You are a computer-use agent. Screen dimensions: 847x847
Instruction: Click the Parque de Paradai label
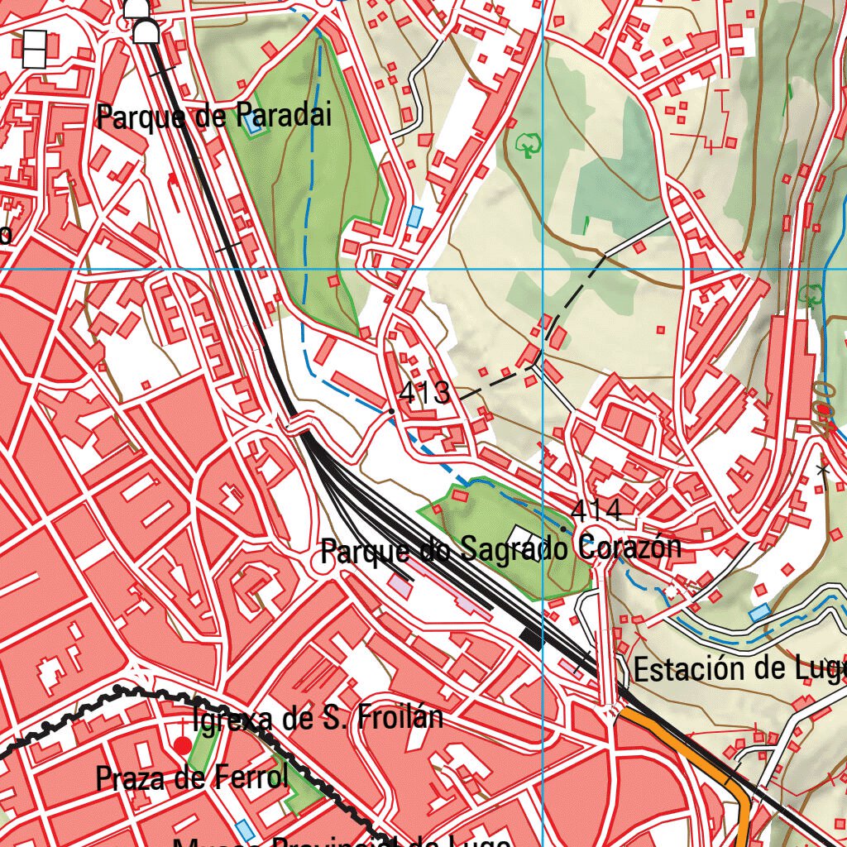214,116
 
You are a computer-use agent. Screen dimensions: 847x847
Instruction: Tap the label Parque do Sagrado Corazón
500,548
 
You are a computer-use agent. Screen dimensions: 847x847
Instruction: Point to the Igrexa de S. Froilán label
317,718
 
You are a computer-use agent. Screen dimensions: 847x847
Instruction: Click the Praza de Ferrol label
191,778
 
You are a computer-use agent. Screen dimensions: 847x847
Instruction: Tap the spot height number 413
424,394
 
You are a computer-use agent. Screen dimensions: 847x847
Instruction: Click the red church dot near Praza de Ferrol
182,746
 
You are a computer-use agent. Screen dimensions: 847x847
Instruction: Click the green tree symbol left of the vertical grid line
527,146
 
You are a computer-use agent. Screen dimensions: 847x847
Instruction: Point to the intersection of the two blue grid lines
543,269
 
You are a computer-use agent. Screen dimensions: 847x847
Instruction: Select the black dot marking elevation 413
391,410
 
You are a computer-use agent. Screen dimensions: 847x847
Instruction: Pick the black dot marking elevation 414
564,529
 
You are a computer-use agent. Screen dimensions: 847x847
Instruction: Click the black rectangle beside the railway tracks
529,636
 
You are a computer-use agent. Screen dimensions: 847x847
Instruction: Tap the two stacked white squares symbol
35,49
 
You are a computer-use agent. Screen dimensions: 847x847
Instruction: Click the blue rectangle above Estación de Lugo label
758,613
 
